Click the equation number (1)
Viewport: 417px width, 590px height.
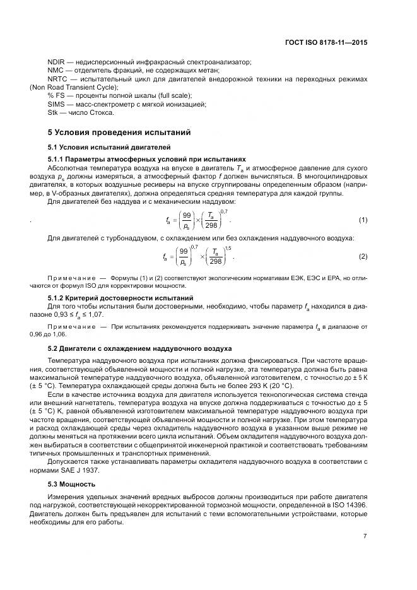pyautogui.click(x=363, y=220)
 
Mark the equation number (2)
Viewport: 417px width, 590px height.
pyautogui.click(x=363, y=256)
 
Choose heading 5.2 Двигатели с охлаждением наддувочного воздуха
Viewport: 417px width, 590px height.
pyautogui.click(x=139, y=348)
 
